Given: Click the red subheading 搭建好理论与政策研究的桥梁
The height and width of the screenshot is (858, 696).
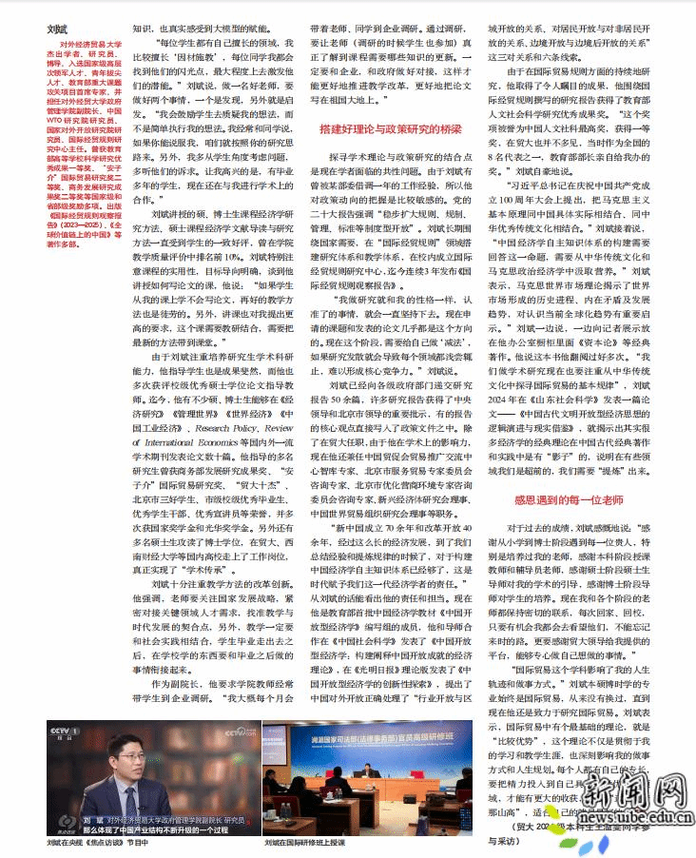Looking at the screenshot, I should [391, 127].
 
